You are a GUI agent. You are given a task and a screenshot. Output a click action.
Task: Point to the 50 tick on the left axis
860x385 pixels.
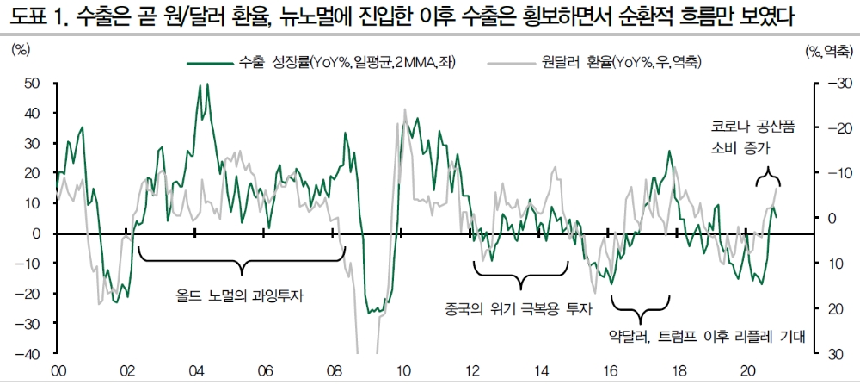click(33, 83)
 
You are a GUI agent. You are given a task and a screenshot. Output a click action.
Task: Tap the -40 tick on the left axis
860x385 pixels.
click(30, 354)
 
